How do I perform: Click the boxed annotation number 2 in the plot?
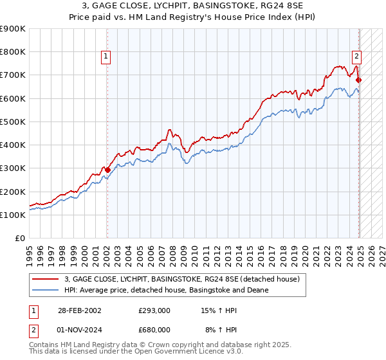(x=356, y=56)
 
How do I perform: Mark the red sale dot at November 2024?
(x=359, y=80)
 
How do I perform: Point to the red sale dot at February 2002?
(x=107, y=170)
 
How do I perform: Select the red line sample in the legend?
(x=45, y=280)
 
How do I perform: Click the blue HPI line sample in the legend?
(x=45, y=291)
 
